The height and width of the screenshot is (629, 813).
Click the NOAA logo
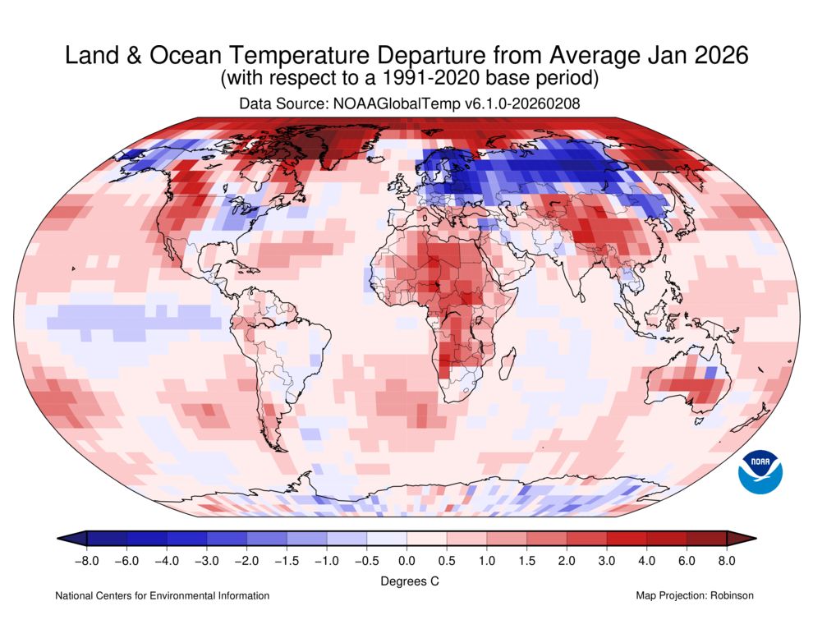(760, 471)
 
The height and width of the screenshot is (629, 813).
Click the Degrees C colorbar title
(406, 581)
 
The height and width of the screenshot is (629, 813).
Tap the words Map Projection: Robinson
(694, 595)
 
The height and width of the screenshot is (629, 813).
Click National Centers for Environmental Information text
(162, 595)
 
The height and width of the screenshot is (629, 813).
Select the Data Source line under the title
(406, 104)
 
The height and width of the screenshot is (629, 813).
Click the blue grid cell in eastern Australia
(710, 373)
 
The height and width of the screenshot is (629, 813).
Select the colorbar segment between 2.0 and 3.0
(586, 538)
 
